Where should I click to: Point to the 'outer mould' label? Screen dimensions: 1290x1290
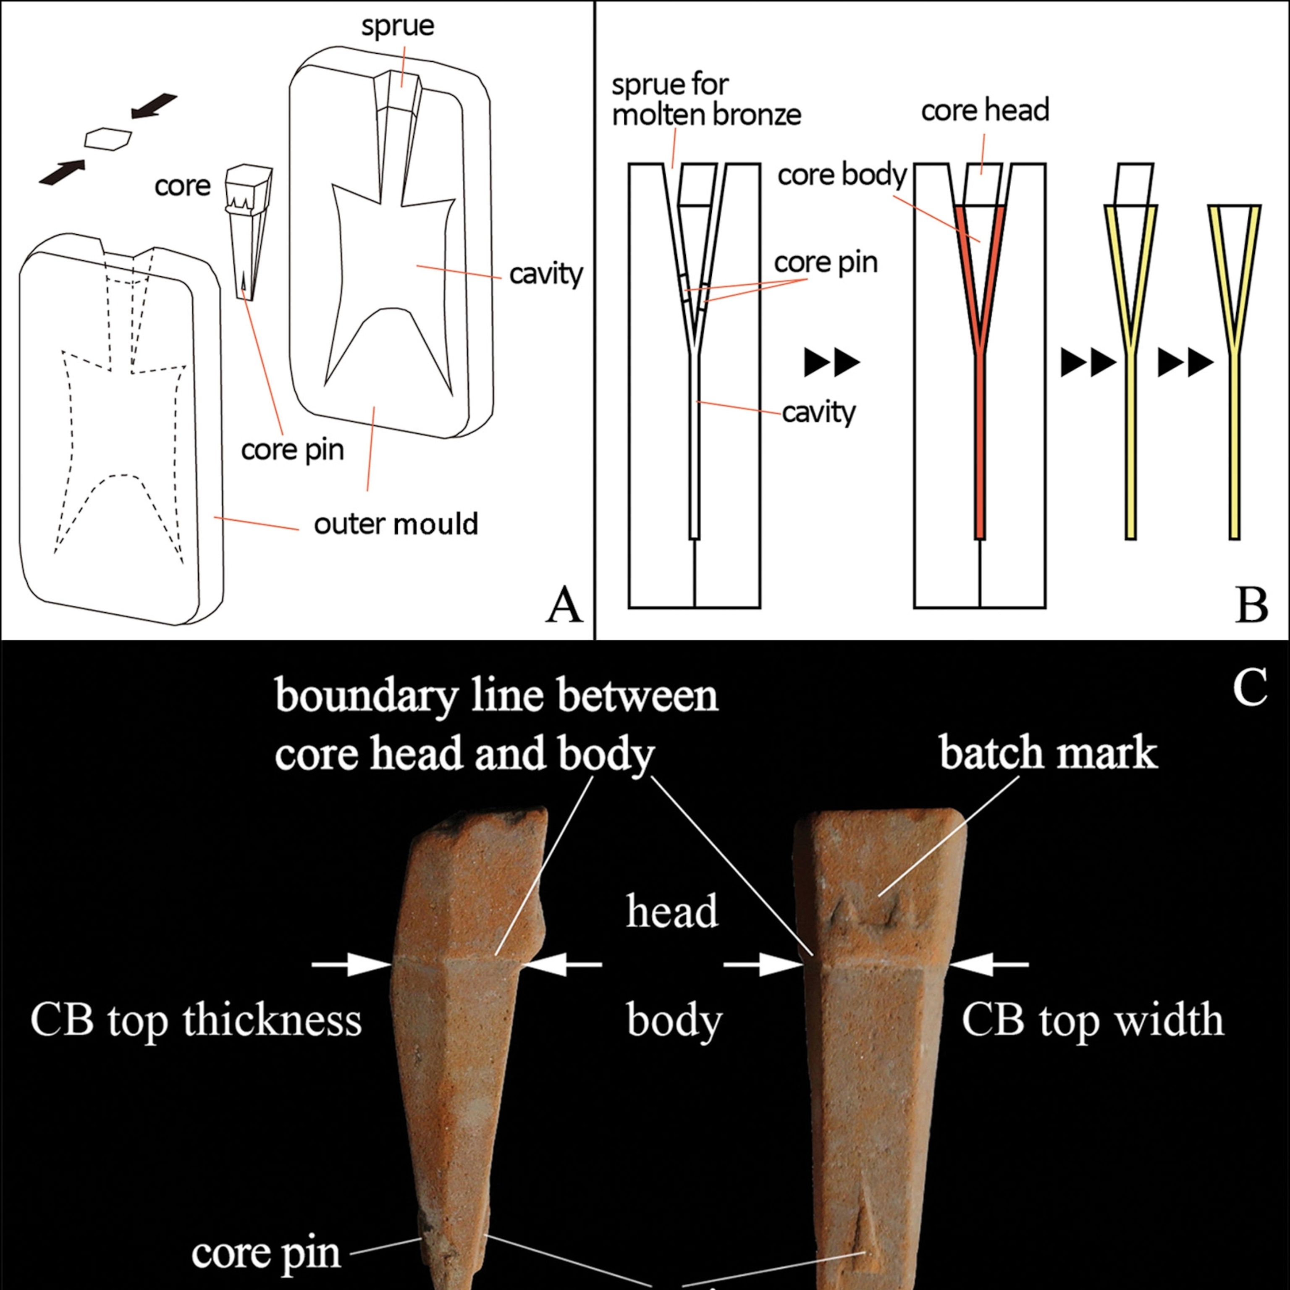[396, 524]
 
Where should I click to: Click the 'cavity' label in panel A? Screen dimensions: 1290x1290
[545, 274]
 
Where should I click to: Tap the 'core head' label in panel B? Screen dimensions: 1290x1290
[985, 110]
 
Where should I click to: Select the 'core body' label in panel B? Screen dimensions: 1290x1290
[842, 175]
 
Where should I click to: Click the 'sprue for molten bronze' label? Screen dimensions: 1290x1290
[706, 100]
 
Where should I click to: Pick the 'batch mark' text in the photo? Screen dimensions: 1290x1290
[1048, 752]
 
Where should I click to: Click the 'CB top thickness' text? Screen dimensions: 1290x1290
[196, 1020]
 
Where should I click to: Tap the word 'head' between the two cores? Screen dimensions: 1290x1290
[672, 911]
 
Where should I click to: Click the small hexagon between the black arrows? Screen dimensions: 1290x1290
[107, 138]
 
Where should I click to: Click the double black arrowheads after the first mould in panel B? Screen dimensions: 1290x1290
[831, 362]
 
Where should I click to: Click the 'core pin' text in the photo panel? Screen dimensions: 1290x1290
[266, 1253]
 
